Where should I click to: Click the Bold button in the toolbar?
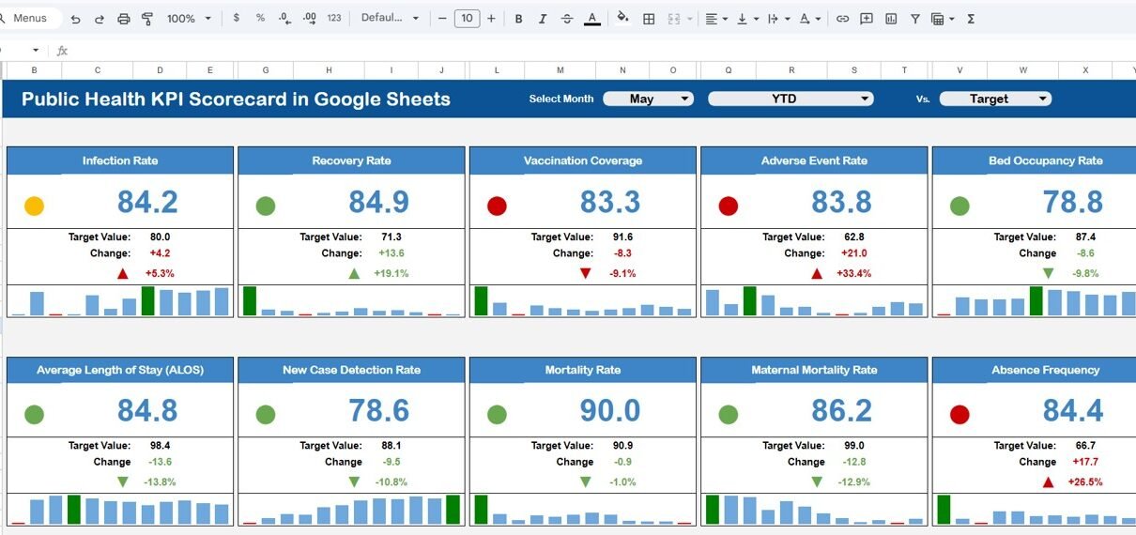518,19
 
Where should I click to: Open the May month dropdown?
648,99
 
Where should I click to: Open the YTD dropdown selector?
791,99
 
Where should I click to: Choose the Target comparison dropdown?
995,99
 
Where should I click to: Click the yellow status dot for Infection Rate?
34,206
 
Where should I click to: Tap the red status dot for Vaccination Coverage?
497,206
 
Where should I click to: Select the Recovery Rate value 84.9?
379,202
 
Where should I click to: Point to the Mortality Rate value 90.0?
610,410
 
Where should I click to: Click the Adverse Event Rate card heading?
814,160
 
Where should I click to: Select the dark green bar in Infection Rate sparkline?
147,301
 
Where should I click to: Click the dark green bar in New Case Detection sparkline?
453,509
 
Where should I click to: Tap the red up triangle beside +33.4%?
817,273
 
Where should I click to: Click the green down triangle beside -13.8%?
122,481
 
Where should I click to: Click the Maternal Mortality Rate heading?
814,370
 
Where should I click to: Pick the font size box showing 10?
467,19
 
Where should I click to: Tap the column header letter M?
560,70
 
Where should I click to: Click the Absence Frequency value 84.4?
1073,410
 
